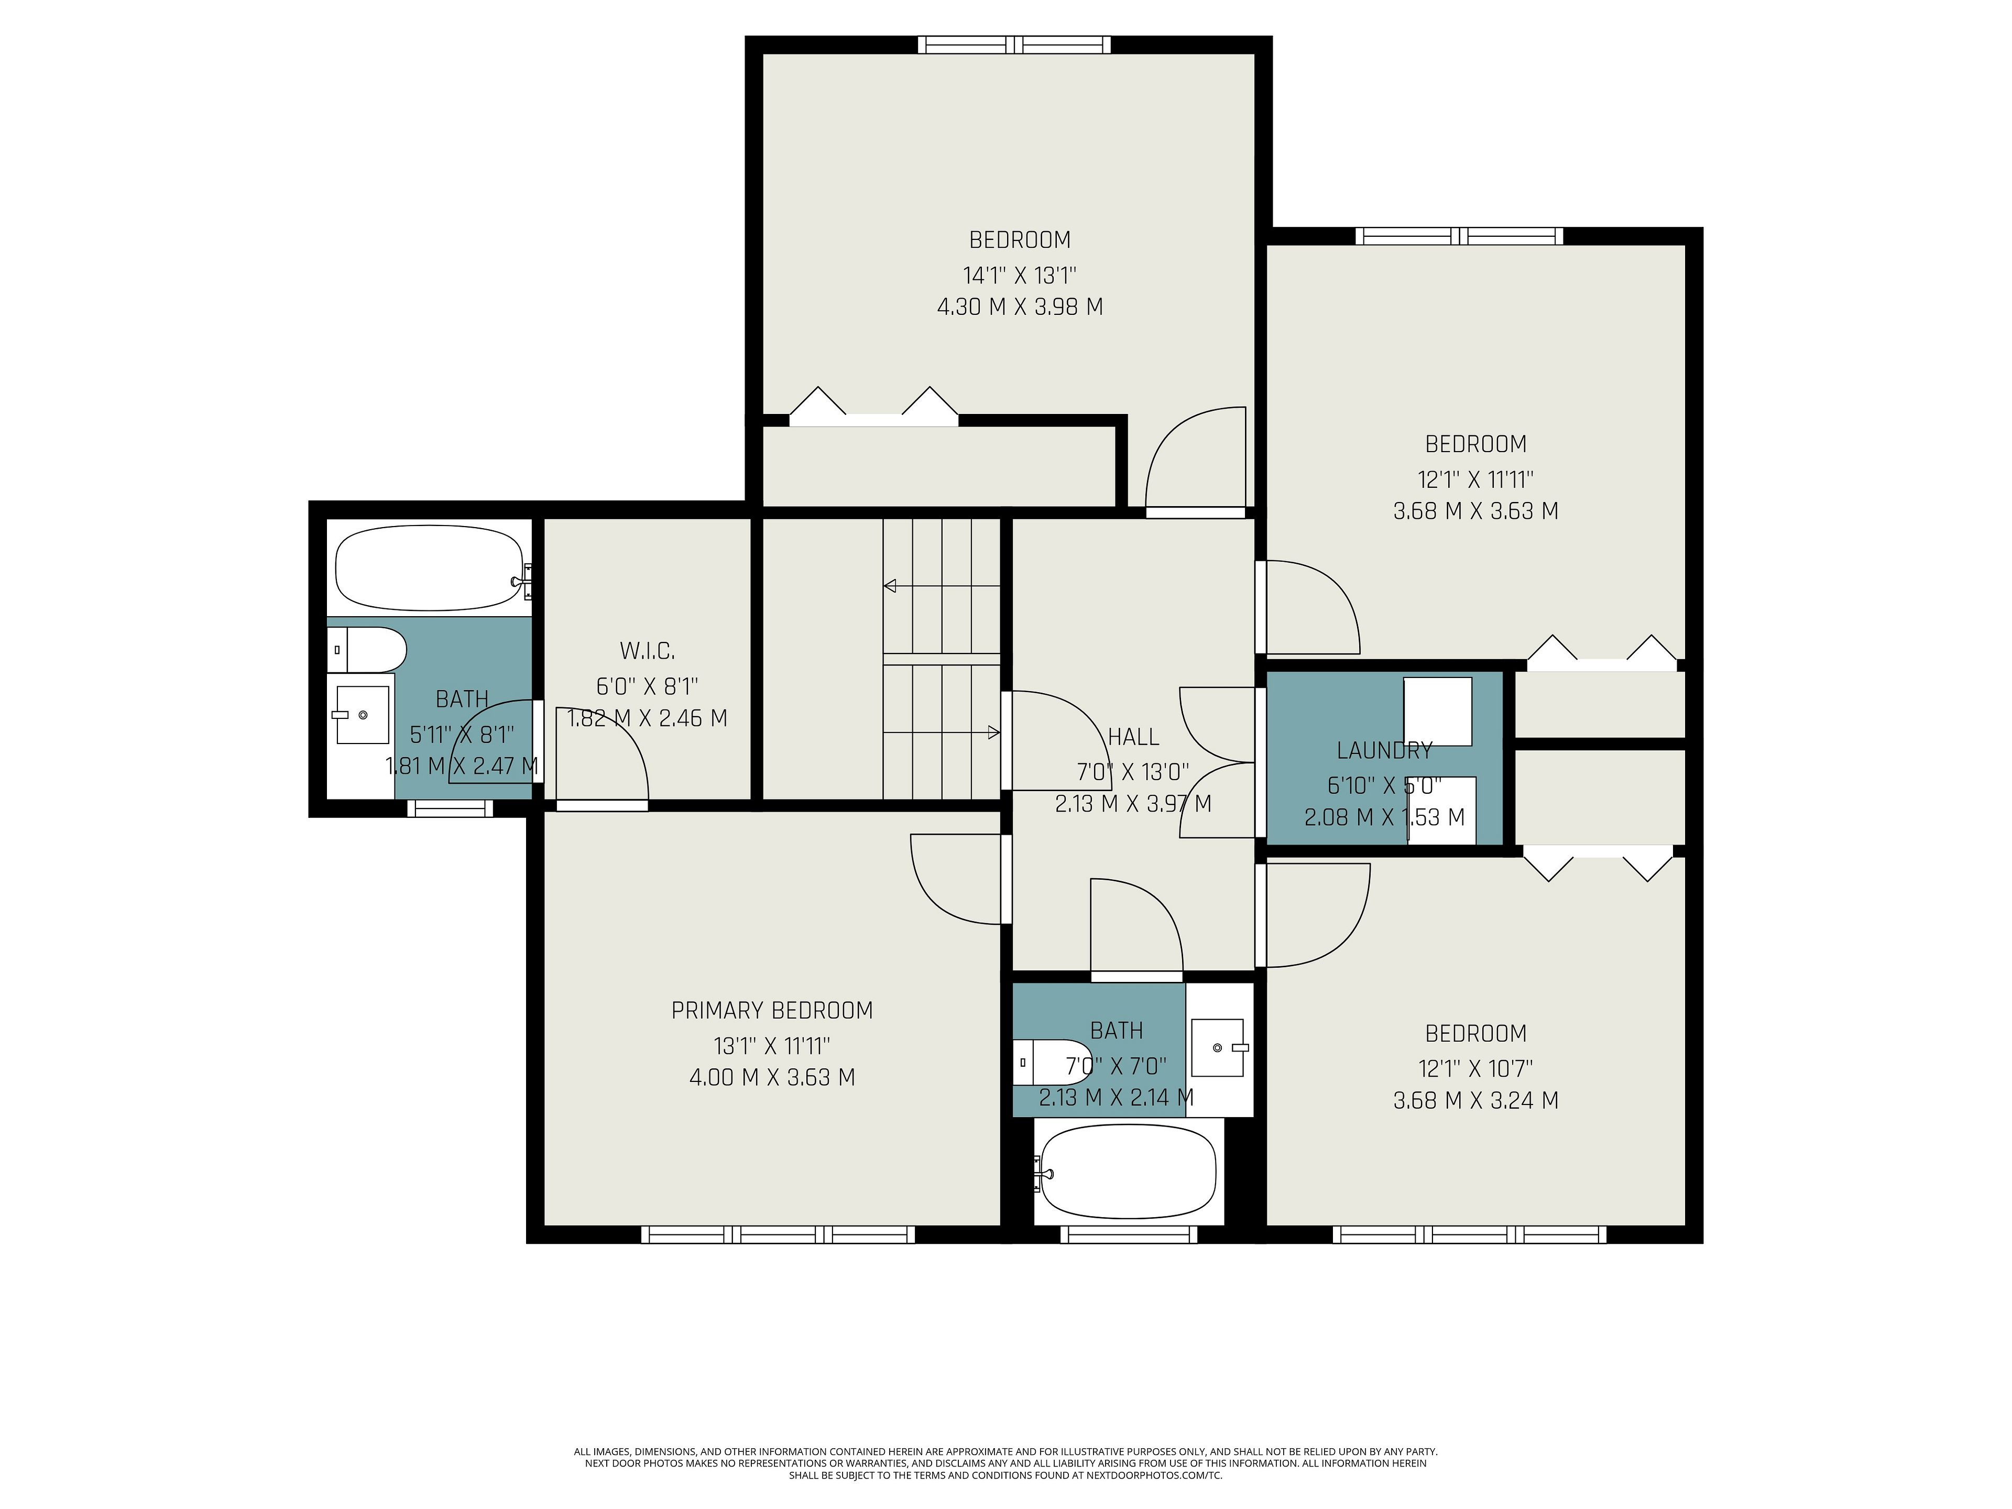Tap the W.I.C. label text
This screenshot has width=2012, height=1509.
[647, 651]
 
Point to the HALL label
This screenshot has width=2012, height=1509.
[1133, 737]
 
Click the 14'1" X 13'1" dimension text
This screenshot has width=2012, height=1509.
[1020, 275]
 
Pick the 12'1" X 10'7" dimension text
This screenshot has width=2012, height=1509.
[1475, 1068]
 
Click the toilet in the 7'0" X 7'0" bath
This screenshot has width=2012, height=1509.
[1053, 1062]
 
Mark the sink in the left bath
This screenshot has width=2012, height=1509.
[361, 715]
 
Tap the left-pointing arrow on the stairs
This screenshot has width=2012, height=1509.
[942, 586]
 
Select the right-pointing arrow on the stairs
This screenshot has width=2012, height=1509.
[942, 732]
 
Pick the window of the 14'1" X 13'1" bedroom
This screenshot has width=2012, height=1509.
[1014, 45]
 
